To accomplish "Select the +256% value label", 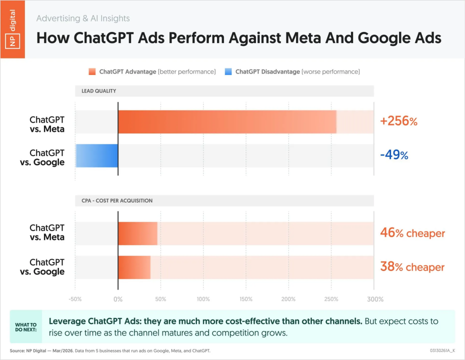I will tap(398, 121).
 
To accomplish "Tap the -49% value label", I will tap(394, 155).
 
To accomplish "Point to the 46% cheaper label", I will tap(412, 233).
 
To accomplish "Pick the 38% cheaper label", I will tap(412, 267).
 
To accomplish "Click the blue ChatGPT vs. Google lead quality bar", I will tap(97, 155).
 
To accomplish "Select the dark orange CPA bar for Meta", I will tap(137, 233).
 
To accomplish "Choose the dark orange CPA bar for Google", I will tap(134, 267).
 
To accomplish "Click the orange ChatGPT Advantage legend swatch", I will tap(92, 71).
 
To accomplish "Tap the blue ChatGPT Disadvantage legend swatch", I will tap(228, 71).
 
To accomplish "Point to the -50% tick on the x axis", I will tap(75, 299).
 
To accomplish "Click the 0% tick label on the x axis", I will tap(118, 299).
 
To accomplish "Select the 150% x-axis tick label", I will tap(246, 299).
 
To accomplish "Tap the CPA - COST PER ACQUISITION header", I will tap(117, 200).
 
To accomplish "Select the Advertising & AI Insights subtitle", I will tap(83, 18).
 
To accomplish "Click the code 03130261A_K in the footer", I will tap(442, 350).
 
